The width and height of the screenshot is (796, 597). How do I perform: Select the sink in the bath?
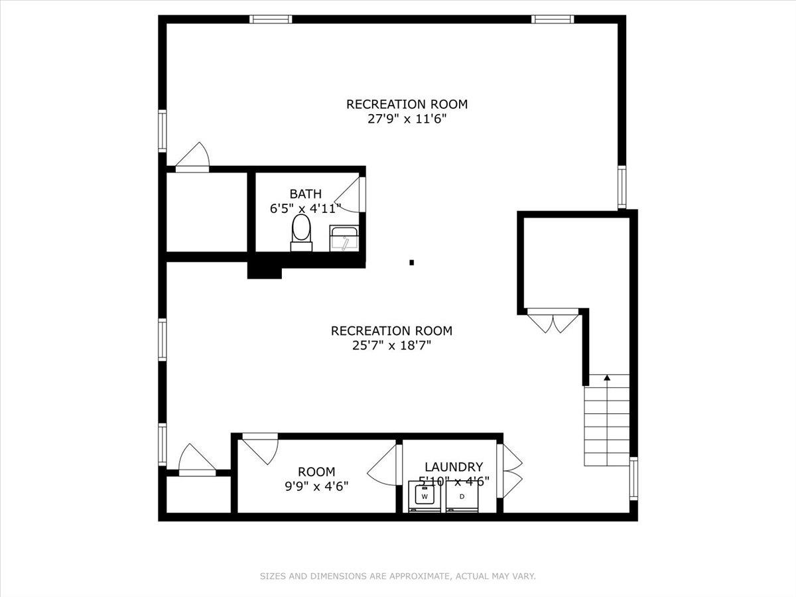[344, 239]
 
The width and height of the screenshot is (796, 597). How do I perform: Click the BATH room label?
[305, 194]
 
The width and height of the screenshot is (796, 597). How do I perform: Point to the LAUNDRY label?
[454, 467]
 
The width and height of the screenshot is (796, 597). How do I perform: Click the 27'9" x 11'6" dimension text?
[407, 119]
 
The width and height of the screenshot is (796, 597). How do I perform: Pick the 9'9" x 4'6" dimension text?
[316, 486]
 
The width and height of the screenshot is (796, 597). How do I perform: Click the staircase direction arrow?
[607, 379]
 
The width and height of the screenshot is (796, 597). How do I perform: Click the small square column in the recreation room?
[411, 263]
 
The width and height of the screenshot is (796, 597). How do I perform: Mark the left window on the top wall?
[271, 19]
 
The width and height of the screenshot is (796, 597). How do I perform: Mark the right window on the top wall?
[553, 19]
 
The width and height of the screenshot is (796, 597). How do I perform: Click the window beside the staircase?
[633, 479]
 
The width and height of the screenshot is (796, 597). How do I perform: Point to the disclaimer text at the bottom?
[397, 576]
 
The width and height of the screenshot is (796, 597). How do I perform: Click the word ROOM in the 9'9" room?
[316, 472]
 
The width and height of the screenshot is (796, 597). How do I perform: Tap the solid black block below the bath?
[264, 270]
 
